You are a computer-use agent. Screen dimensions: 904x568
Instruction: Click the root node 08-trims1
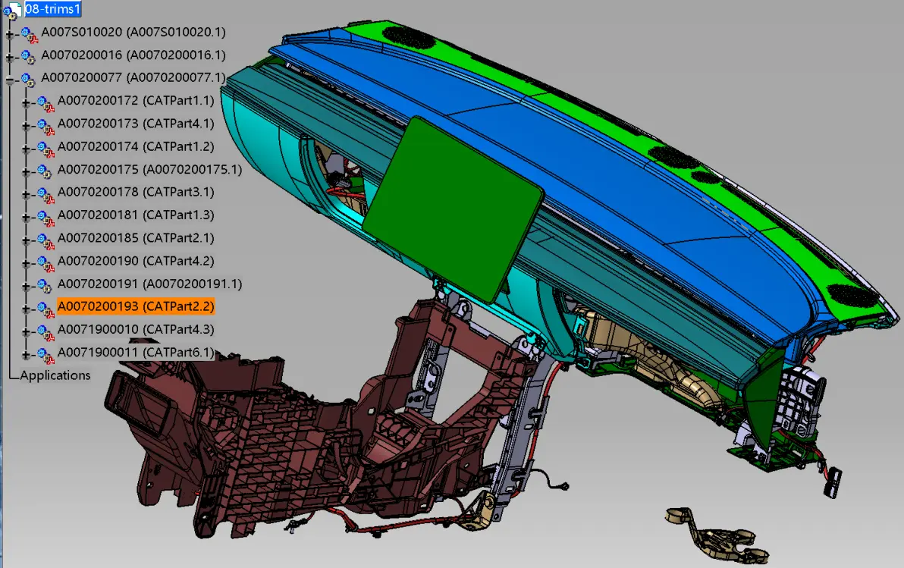click(x=52, y=9)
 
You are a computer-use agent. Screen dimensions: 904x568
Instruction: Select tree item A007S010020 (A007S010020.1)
click(x=133, y=33)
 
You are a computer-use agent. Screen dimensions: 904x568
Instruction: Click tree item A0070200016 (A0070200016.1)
click(x=133, y=55)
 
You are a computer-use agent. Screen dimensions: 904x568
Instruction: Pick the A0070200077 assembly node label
click(x=133, y=78)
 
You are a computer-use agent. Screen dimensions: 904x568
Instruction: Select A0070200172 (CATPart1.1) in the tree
click(x=136, y=101)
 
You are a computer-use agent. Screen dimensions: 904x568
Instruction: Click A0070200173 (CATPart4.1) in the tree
click(x=136, y=124)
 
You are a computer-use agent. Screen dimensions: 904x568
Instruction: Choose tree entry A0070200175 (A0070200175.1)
click(x=150, y=170)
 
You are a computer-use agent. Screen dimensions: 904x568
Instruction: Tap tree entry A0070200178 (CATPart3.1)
click(x=136, y=192)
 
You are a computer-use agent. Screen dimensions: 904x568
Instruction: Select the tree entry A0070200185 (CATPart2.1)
click(x=136, y=238)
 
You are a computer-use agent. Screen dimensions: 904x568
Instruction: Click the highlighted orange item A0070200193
click(x=136, y=306)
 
